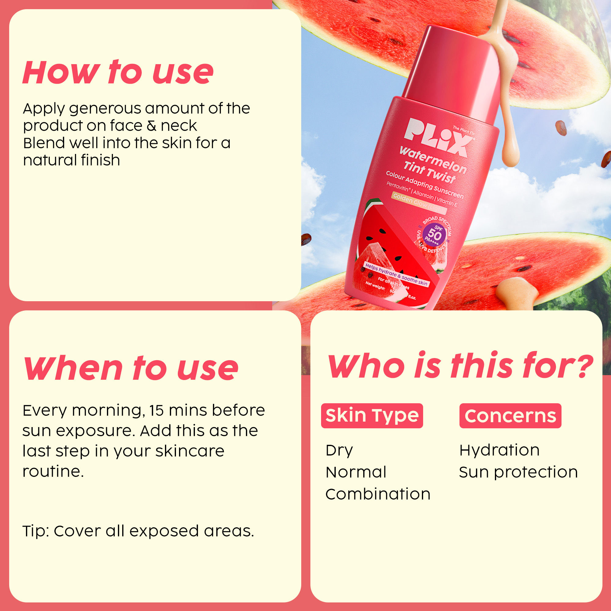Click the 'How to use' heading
coord(118,72)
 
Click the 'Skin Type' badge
coord(371,415)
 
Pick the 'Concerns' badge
coord(510,415)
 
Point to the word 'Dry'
coord(339,451)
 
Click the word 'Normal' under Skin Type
coord(356,472)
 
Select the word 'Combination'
coord(378,494)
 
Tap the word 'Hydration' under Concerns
coord(499,450)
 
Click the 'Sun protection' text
coord(518,472)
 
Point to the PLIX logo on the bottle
coord(437,137)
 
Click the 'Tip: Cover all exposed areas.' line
coord(138,531)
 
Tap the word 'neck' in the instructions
coord(179,126)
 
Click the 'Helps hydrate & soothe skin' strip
coord(396,275)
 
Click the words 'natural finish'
coord(71,160)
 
